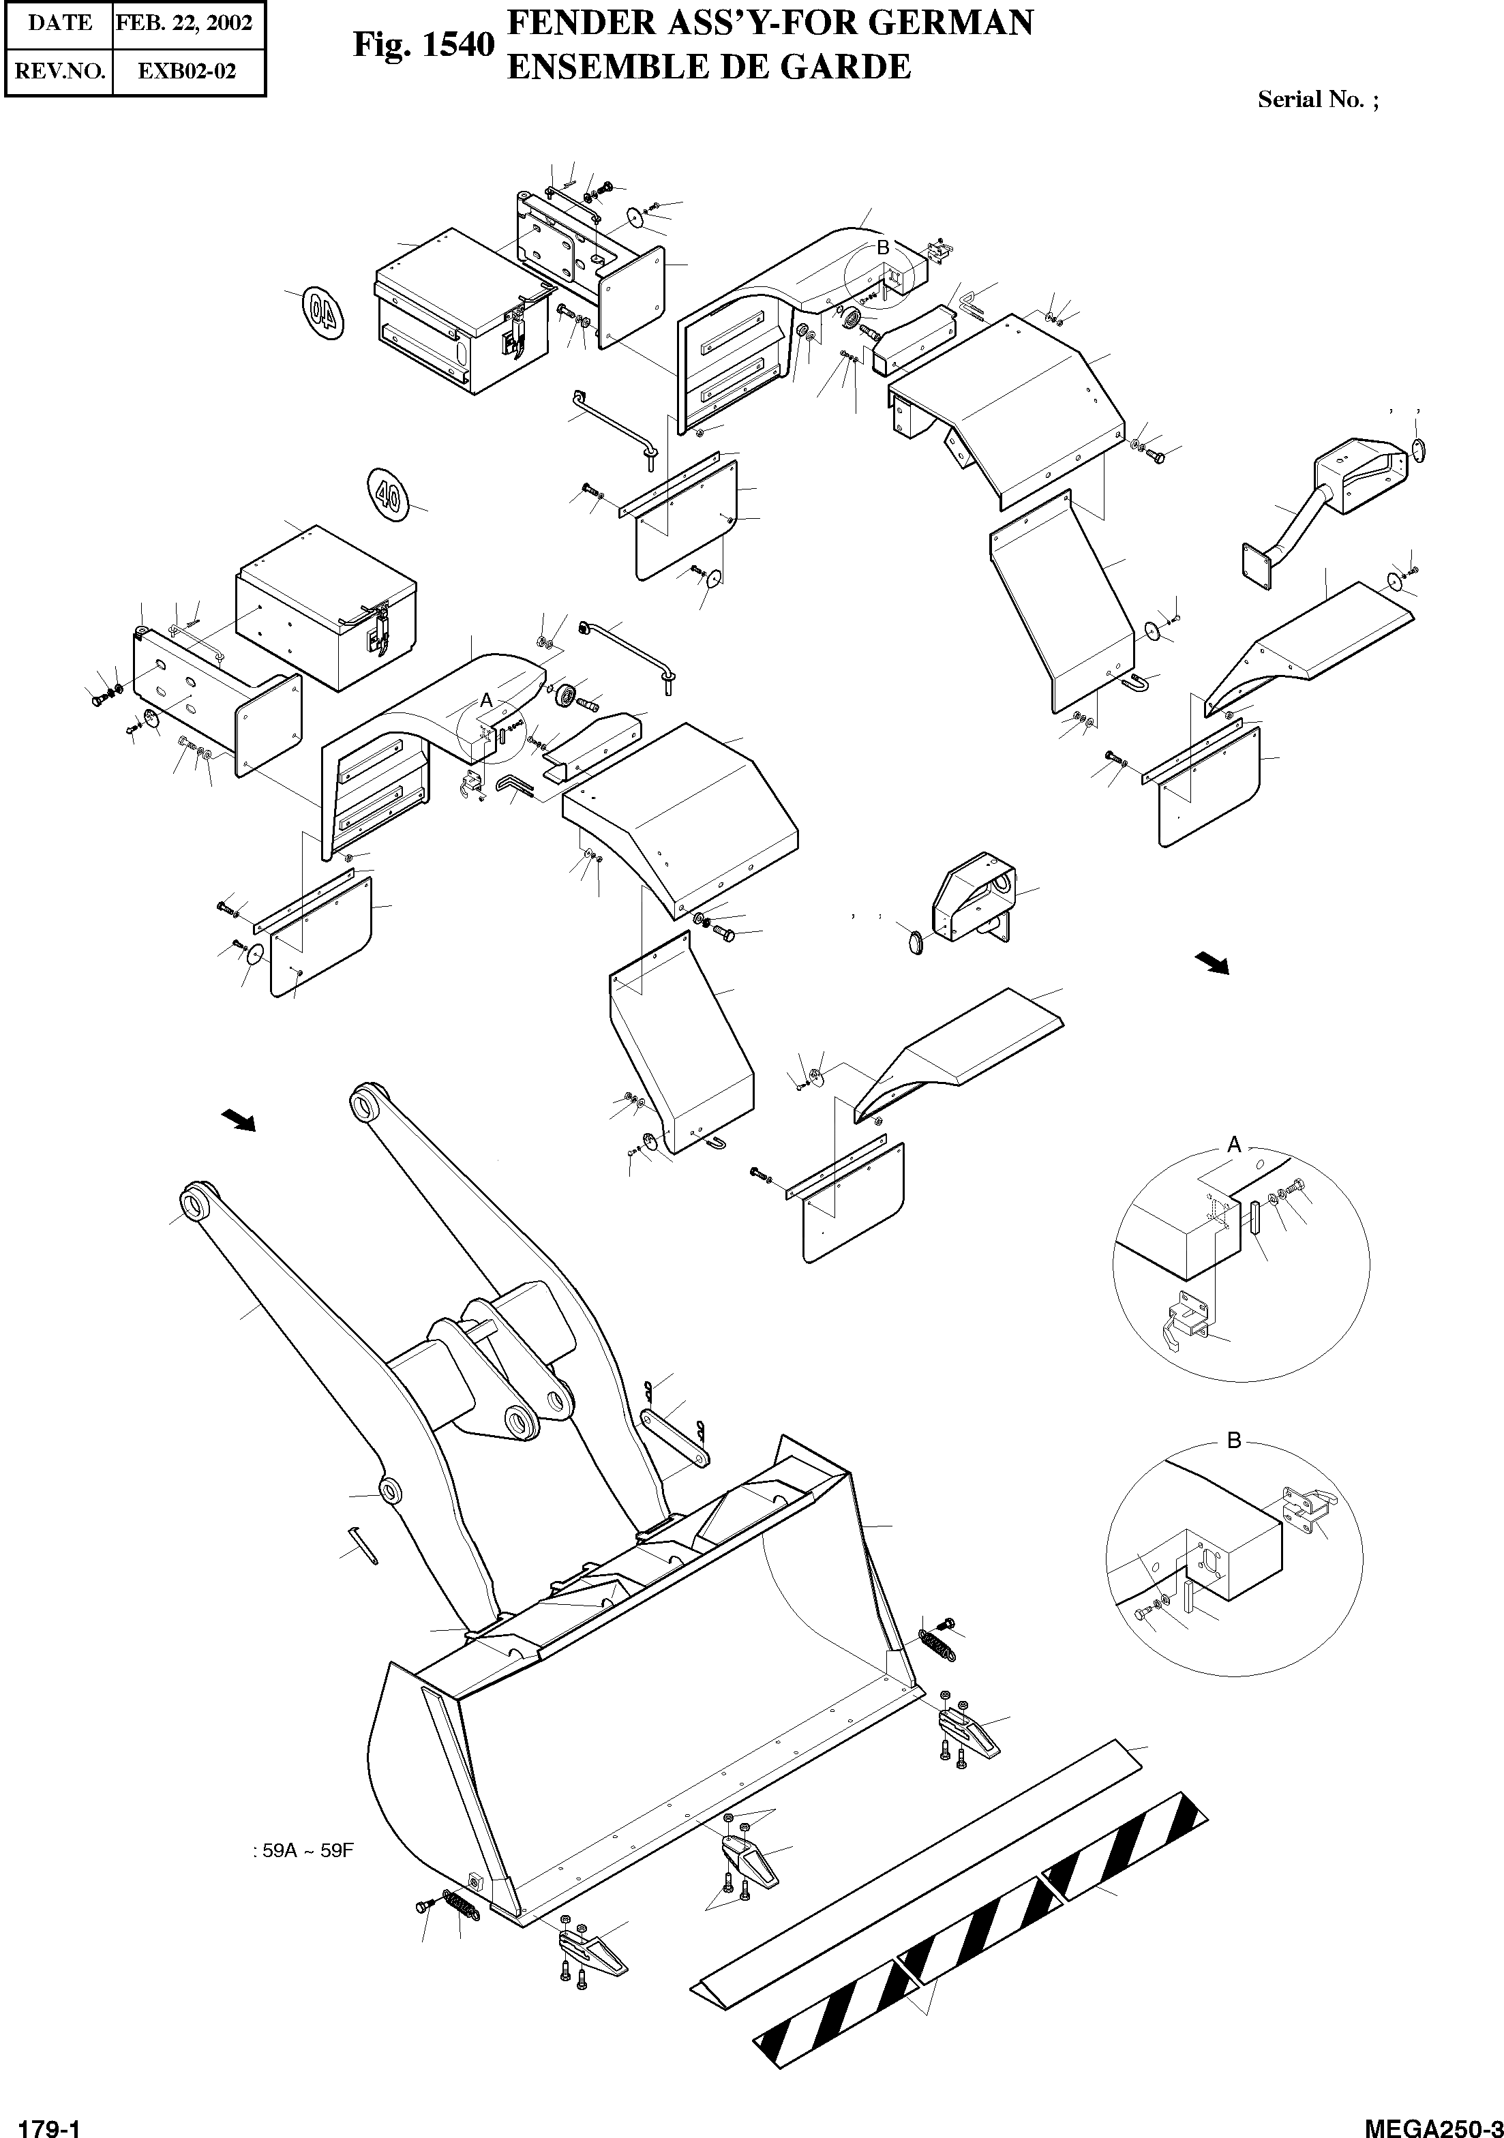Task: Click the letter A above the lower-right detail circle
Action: point(1234,1145)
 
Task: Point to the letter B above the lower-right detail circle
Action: point(1234,1441)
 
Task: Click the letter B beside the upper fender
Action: point(883,247)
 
